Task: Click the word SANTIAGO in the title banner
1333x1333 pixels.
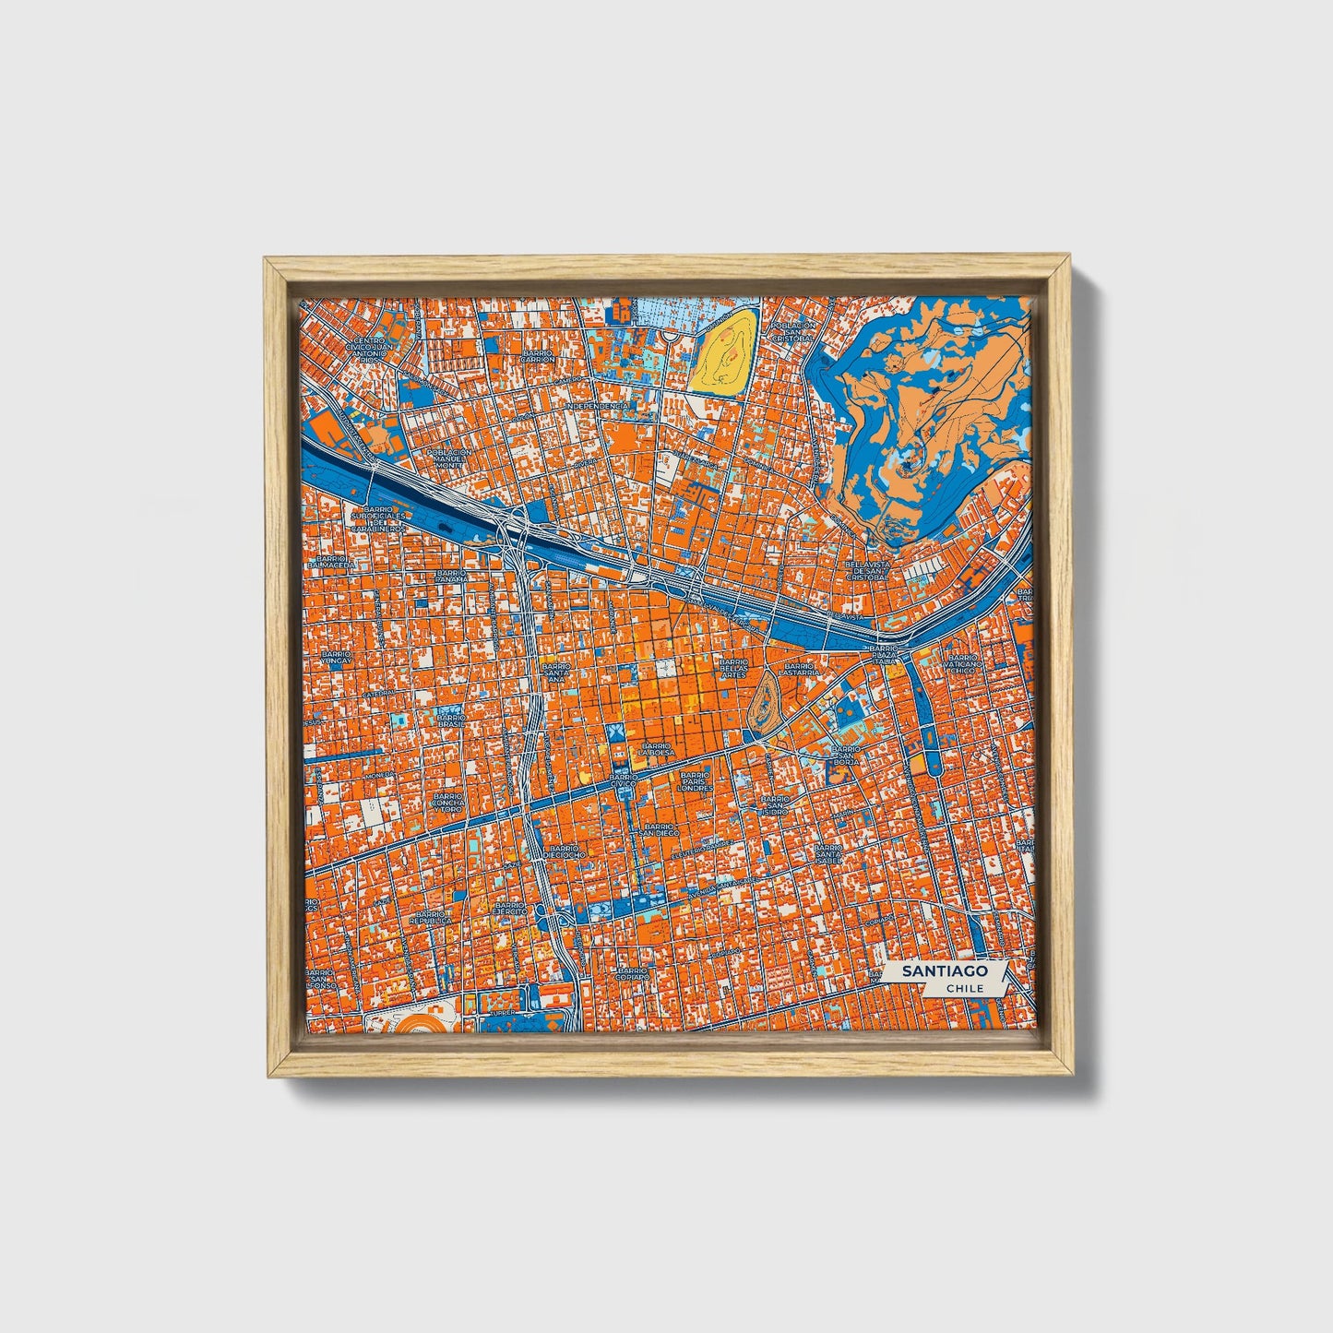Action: click(x=944, y=971)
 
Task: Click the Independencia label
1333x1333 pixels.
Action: click(x=597, y=406)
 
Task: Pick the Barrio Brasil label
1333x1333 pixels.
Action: click(x=451, y=720)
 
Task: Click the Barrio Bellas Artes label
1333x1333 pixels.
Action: click(x=734, y=668)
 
